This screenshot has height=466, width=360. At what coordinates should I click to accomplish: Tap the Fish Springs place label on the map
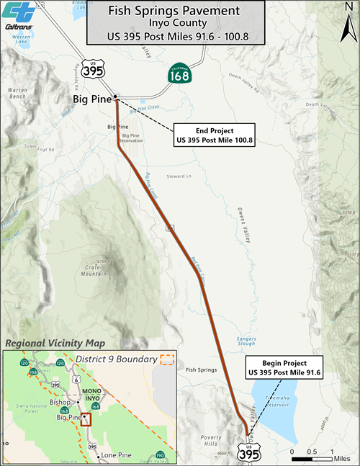tap(201, 370)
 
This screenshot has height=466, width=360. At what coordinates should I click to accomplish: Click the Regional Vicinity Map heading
tap(54, 343)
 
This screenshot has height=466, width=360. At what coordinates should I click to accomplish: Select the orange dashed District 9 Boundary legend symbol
tap(167, 359)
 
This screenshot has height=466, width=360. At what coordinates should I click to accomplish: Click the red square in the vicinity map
tap(86, 419)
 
